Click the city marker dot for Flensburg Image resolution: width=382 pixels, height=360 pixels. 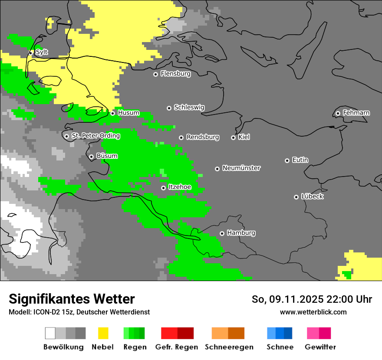pyautogui.click(x=155, y=74)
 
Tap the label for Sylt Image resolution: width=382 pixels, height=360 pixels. pyautogui.click(x=42, y=52)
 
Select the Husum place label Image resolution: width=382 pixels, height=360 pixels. pyautogui.click(x=128, y=113)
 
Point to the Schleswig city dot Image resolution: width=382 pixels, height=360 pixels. pyautogui.click(x=169, y=108)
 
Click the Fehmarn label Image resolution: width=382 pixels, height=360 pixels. pyautogui.click(x=356, y=113)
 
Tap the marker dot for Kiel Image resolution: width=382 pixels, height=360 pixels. pyautogui.click(x=233, y=137)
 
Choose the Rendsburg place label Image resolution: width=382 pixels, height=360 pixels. pyautogui.click(x=203, y=137)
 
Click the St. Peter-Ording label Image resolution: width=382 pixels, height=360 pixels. pyautogui.click(x=95, y=136)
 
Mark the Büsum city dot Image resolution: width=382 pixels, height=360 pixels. pyautogui.click(x=91, y=157)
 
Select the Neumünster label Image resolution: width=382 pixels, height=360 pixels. pyautogui.click(x=241, y=168)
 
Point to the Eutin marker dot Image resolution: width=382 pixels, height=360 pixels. pyautogui.click(x=287, y=160)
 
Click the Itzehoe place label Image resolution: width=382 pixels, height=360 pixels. pyautogui.click(x=180, y=187)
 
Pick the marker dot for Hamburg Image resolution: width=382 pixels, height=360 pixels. pyautogui.click(x=222, y=233)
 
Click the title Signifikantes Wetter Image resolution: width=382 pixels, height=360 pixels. pyautogui.click(x=72, y=299)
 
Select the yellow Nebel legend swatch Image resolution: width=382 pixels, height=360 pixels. pyautogui.click(x=103, y=333)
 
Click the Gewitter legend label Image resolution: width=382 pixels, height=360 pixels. pyautogui.click(x=320, y=347)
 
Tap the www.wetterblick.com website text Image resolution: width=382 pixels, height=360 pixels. pyautogui.click(x=313, y=312)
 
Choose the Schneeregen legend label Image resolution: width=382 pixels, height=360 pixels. pyautogui.click(x=229, y=347)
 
